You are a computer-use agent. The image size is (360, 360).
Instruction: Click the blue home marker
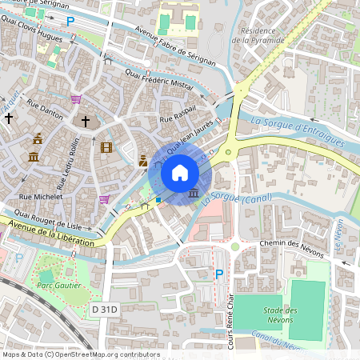180,173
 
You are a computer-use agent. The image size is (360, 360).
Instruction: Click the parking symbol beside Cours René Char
219,274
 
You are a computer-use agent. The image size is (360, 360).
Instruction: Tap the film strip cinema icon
107,146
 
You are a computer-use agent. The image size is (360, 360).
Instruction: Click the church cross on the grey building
86,122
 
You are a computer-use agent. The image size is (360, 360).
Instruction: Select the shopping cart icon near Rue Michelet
104,199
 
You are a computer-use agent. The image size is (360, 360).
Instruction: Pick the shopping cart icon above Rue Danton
76,99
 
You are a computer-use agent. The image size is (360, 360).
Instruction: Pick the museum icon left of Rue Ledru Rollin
34,155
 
